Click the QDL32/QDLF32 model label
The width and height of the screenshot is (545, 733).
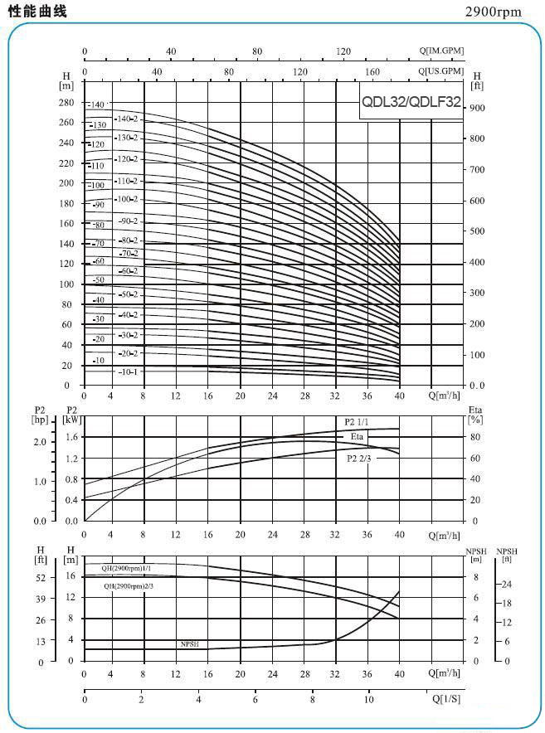pyautogui.click(x=410, y=103)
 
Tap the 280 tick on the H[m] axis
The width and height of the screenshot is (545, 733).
pyautogui.click(x=66, y=103)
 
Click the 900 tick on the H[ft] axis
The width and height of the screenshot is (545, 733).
pyautogui.click(x=476, y=108)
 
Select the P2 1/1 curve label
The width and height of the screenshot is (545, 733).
pyautogui.click(x=358, y=422)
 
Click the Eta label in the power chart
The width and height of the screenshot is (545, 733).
pyautogui.click(x=357, y=436)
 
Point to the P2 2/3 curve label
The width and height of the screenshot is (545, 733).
pyautogui.click(x=359, y=458)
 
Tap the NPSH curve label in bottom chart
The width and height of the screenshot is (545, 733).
pyautogui.click(x=190, y=643)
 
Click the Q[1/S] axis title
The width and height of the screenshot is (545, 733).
pyautogui.click(x=446, y=699)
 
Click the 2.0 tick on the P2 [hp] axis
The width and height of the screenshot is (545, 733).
pyautogui.click(x=40, y=441)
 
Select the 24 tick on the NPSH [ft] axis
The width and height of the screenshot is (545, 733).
pyautogui.click(x=506, y=585)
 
